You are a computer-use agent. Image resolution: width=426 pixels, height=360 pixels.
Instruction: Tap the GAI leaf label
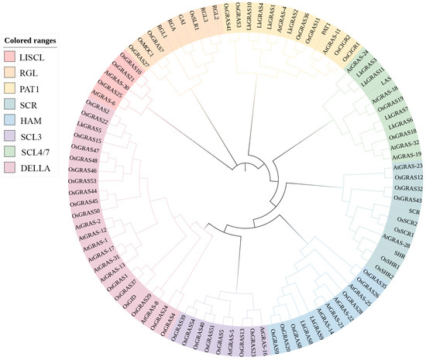click(180, 30)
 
